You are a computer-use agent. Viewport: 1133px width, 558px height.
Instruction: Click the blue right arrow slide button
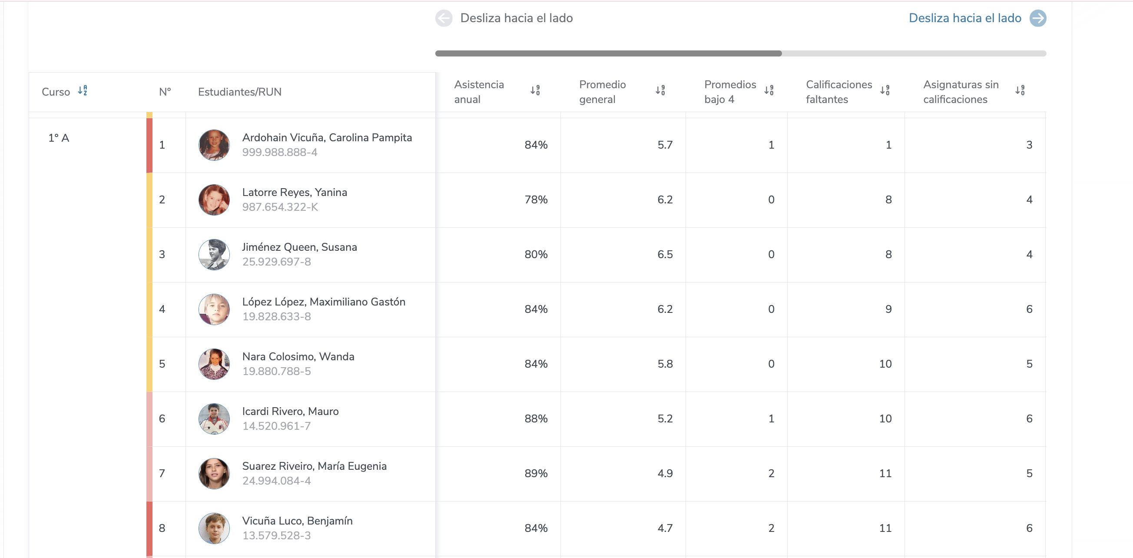point(1037,18)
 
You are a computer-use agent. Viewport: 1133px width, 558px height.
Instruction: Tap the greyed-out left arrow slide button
point(444,18)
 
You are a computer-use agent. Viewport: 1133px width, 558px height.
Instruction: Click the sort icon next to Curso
point(83,91)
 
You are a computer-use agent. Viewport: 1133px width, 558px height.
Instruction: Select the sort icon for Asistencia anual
point(535,91)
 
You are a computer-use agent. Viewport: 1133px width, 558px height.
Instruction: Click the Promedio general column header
point(602,92)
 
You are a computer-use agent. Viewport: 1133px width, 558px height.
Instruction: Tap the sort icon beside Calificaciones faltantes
point(885,91)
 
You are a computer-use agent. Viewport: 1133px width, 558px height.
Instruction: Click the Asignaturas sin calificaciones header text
point(961,92)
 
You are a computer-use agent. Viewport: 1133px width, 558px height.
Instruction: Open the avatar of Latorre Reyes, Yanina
point(214,200)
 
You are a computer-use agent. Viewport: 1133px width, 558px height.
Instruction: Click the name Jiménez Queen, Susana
point(299,247)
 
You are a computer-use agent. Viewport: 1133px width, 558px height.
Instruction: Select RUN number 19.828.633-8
point(276,316)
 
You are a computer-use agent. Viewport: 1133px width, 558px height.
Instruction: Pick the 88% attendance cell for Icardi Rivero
point(536,418)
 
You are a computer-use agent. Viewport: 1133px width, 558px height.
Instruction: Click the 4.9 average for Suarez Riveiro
point(665,474)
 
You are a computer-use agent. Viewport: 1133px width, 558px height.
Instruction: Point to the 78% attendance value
point(536,200)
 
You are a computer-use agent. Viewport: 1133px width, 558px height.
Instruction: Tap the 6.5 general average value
point(665,254)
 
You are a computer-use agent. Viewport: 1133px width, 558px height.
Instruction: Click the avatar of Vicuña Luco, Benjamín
point(214,528)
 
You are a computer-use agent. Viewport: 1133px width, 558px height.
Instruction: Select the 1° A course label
point(59,138)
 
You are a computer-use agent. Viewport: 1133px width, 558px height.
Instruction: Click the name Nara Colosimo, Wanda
point(298,356)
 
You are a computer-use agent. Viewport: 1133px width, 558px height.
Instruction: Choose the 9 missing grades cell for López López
point(888,309)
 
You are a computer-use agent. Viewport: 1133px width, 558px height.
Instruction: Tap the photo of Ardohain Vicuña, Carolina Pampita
point(214,145)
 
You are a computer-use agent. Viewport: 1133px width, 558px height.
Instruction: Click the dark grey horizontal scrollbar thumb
point(608,53)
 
